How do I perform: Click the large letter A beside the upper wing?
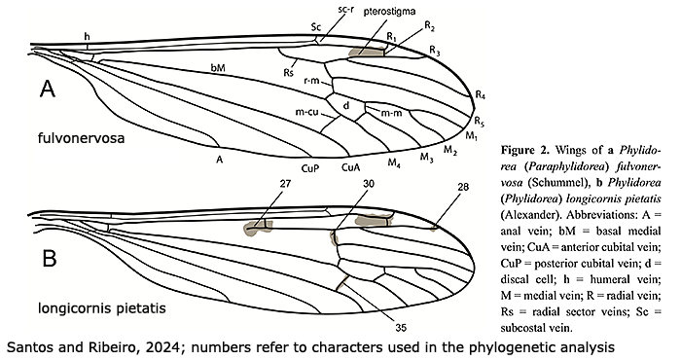pyautogui.click(x=48, y=89)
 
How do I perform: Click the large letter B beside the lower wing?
pyautogui.click(x=50, y=258)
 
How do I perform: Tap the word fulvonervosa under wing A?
pyautogui.click(x=81, y=138)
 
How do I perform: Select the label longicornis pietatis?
pyautogui.click(x=102, y=308)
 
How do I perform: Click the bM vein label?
pyautogui.click(x=218, y=68)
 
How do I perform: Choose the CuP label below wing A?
pyautogui.click(x=310, y=168)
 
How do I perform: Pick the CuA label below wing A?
pyautogui.click(x=350, y=167)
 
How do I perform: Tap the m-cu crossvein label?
pyautogui.click(x=307, y=112)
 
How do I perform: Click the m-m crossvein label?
pyautogui.click(x=391, y=113)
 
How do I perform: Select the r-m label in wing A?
pyautogui.click(x=311, y=81)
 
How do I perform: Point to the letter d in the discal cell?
pyautogui.click(x=346, y=105)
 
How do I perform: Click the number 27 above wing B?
pyautogui.click(x=285, y=184)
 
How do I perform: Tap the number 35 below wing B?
pyautogui.click(x=401, y=328)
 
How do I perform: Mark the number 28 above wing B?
pyautogui.click(x=463, y=187)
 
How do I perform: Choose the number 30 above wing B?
pyautogui.click(x=369, y=184)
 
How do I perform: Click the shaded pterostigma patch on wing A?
pyautogui.click(x=367, y=52)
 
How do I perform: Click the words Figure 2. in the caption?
pyautogui.click(x=525, y=150)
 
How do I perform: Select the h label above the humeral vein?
pyautogui.click(x=88, y=37)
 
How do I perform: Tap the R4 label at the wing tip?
pyautogui.click(x=480, y=94)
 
